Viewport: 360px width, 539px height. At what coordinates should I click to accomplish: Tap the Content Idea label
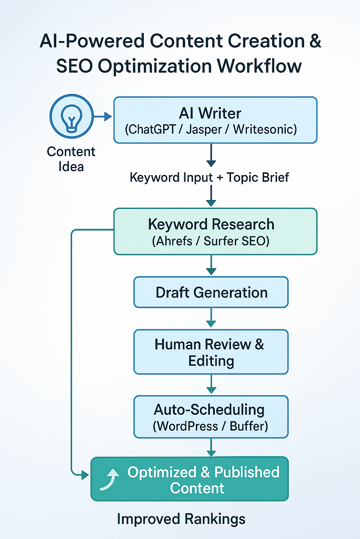[x=71, y=159]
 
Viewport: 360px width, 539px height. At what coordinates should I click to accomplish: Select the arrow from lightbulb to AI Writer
[x=103, y=117]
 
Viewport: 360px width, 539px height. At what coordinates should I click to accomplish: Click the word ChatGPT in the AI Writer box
[x=151, y=129]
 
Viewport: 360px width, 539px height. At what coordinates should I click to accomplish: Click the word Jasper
[x=204, y=129]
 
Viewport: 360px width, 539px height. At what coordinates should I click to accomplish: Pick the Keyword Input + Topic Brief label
[x=209, y=178]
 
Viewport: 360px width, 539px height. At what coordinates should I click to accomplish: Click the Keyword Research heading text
[x=211, y=225]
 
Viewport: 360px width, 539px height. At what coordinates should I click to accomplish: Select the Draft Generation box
[x=211, y=292]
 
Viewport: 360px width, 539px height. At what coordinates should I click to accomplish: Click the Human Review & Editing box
[x=211, y=352]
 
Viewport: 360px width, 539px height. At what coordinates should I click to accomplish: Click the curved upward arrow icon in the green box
[x=109, y=479]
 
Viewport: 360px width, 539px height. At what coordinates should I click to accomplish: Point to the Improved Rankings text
[x=181, y=519]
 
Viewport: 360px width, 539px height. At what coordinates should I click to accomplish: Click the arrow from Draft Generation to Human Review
[x=211, y=318]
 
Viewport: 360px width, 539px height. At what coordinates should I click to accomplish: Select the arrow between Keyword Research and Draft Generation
[x=211, y=265]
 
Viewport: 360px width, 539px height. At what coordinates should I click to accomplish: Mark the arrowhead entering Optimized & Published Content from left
[x=85, y=475]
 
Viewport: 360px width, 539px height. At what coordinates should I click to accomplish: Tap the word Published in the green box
[x=247, y=472]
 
